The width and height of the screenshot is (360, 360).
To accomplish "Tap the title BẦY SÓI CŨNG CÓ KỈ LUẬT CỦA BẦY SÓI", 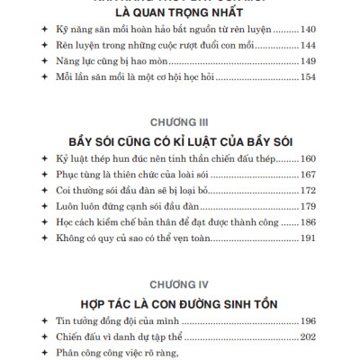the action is tap(180, 144).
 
